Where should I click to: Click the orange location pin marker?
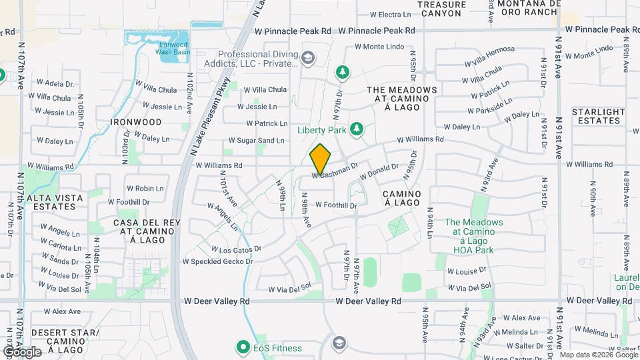coord(321,159)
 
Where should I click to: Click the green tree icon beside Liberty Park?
coord(356,128)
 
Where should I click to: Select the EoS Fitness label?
coord(277,348)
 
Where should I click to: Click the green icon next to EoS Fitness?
coord(242,347)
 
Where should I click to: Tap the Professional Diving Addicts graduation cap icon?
coord(307,59)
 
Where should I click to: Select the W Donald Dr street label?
coord(379,172)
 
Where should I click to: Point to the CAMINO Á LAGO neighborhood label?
coord(402,197)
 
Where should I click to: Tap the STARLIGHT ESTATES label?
coord(599,116)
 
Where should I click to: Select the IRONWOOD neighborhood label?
coord(137,122)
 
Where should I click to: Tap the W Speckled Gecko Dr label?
coord(218,261)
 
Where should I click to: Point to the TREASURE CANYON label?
coord(441,8)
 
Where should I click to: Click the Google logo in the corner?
coord(22,351)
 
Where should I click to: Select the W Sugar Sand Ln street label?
coord(257,141)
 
